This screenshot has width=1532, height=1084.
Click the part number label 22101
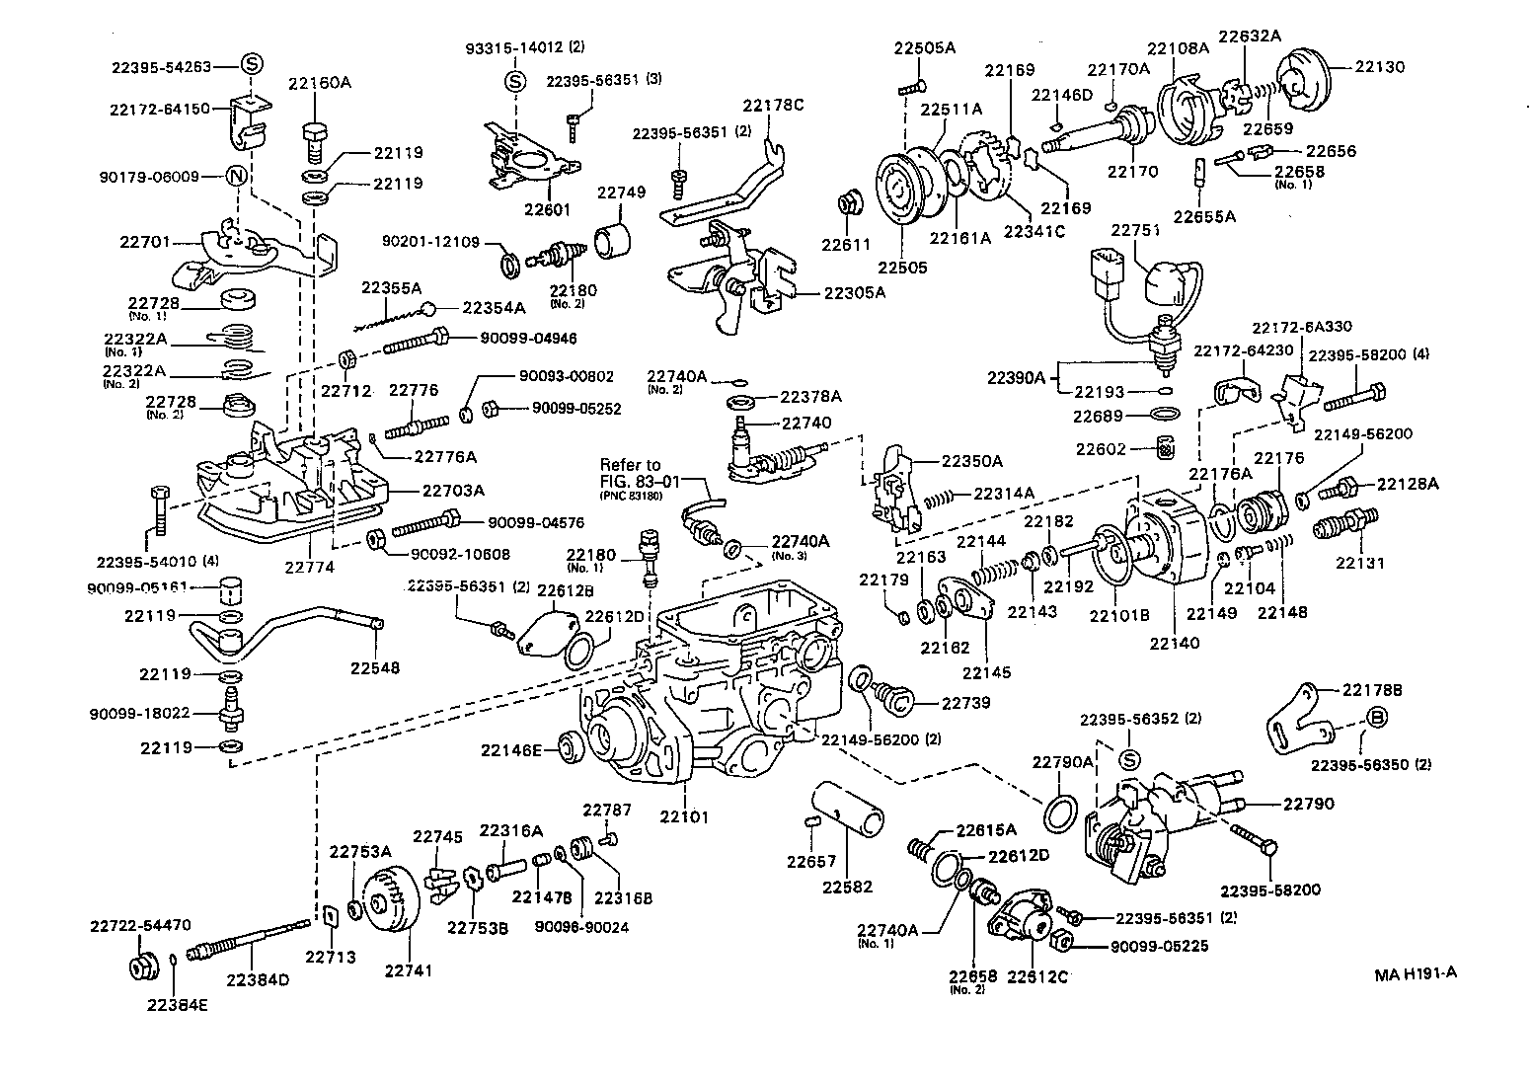(x=685, y=817)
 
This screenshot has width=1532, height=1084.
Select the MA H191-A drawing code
(x=1416, y=972)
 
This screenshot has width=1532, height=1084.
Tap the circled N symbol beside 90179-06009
(x=236, y=177)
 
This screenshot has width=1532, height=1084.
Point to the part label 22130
(x=1379, y=67)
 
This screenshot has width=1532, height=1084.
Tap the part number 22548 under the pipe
(x=375, y=667)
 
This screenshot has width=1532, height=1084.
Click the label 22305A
(x=855, y=292)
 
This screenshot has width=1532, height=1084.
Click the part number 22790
(x=1308, y=804)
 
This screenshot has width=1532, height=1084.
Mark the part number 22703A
(x=454, y=490)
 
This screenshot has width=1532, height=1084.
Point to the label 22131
(x=1360, y=563)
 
